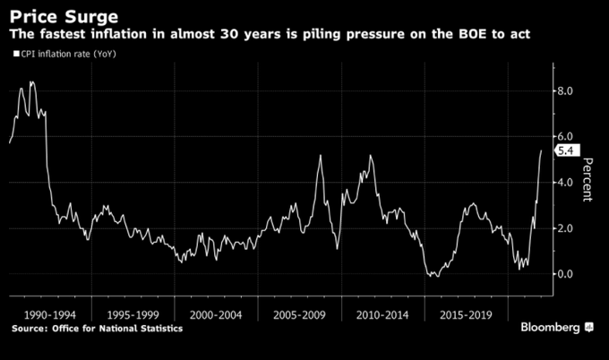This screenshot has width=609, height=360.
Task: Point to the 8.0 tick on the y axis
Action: coord(567,90)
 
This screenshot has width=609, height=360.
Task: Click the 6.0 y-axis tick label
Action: coord(567,136)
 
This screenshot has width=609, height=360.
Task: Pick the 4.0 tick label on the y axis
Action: coord(567,183)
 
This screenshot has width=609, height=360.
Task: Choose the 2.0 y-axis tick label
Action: coord(567,228)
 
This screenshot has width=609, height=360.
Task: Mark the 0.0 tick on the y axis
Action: coord(567,274)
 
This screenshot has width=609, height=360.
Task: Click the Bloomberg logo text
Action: coord(550,329)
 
